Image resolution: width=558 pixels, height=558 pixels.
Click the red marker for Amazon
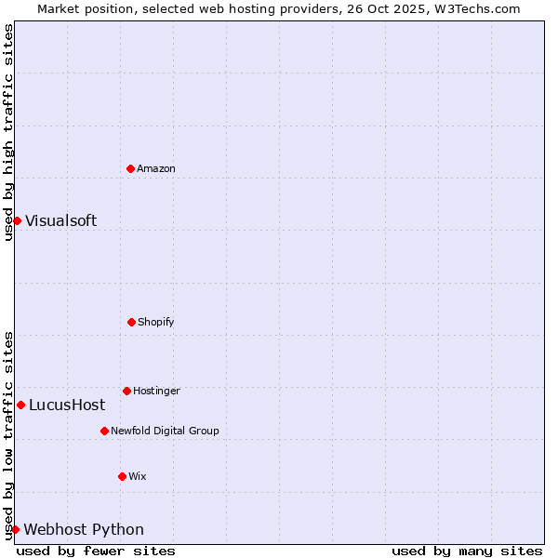tap(130, 168)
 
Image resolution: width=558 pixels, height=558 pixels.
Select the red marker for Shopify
tap(131, 322)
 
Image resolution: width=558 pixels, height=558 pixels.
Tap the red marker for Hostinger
tap(126, 391)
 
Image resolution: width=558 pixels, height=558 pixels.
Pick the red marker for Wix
tap(122, 476)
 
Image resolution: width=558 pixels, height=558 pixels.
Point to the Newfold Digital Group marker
tap(104, 431)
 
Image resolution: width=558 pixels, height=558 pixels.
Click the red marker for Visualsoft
tap(17, 220)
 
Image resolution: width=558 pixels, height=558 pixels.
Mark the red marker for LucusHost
tap(20, 405)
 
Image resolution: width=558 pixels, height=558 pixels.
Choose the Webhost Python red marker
tap(15, 529)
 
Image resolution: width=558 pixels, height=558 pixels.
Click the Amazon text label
tap(156, 169)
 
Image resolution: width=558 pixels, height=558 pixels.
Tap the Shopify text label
tap(156, 323)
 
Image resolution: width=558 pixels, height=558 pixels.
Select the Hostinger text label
tap(156, 392)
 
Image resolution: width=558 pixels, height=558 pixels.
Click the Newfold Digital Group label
tap(165, 432)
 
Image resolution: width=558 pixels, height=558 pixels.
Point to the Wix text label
tap(138, 477)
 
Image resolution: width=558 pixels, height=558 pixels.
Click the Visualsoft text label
tap(60, 220)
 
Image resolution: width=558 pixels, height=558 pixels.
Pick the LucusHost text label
tap(67, 405)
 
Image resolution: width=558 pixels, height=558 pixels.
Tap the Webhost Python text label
tap(84, 529)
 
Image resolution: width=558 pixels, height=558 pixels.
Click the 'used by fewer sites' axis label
tap(96, 551)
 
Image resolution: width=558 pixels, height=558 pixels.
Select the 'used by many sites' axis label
tap(467, 551)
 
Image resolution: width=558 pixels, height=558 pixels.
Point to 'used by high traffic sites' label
tap(8, 132)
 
